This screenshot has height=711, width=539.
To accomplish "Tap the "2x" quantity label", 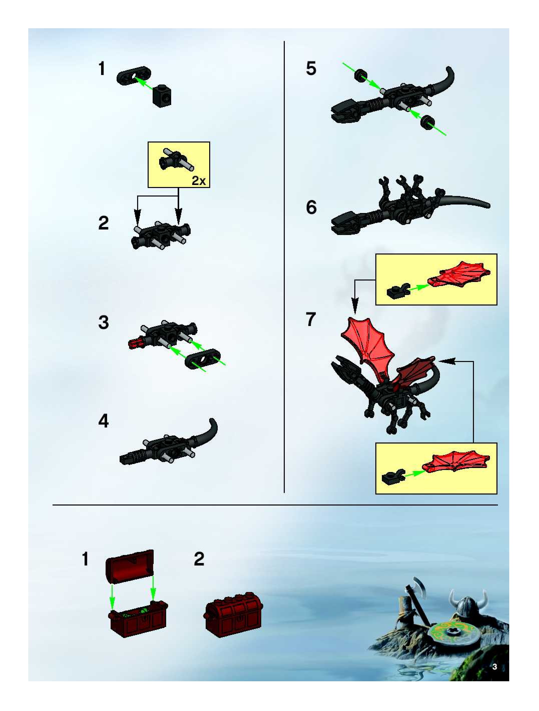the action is [x=198, y=181].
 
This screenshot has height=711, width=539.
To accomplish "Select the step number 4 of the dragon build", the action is [x=103, y=421].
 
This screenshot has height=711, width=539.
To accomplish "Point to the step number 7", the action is [x=311, y=319].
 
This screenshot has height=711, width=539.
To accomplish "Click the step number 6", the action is [x=311, y=207].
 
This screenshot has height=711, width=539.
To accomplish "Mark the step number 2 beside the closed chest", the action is [x=199, y=559].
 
